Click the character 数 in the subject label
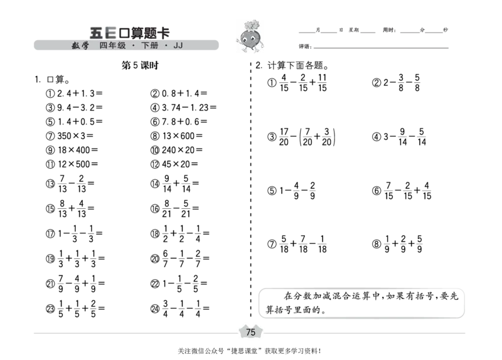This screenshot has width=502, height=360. (x=75, y=46)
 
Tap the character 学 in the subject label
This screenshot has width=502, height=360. (x=85, y=46)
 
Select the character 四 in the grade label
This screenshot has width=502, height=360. (x=104, y=46)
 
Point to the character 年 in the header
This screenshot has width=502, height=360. (x=113, y=46)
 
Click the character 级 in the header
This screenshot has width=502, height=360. (x=122, y=46)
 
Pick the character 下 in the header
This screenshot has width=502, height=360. (x=145, y=46)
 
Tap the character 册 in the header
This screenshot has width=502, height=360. (x=154, y=46)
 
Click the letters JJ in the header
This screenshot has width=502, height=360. (x=178, y=46)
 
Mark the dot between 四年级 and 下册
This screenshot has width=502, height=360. (x=134, y=46)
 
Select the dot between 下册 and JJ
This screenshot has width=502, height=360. (x=166, y=46)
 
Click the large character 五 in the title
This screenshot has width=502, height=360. (x=96, y=33)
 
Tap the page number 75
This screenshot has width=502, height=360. (x=251, y=332)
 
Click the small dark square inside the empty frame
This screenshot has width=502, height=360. (x=264, y=313)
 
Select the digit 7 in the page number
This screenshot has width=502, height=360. (x=248, y=332)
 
